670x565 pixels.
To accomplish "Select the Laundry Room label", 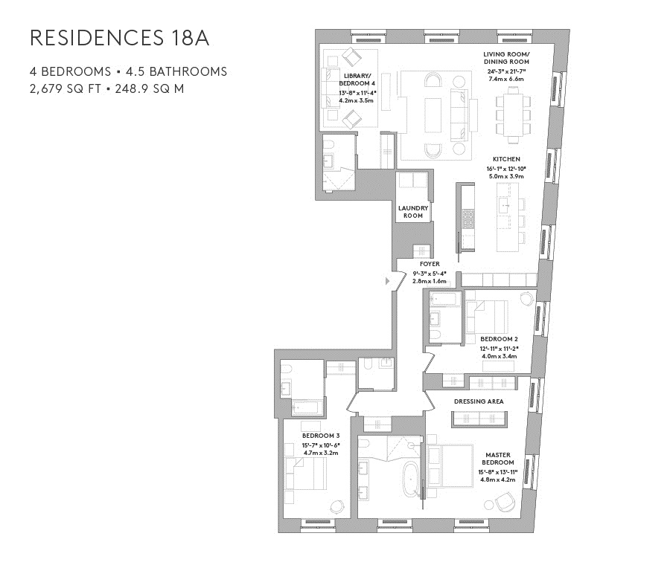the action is [412, 212].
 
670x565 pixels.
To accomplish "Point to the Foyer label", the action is [430, 264].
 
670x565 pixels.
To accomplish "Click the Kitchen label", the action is [506, 159].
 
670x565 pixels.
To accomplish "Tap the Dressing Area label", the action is [479, 401].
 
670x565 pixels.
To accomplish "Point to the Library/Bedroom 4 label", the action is [357, 80].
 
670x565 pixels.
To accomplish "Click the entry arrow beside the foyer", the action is [387, 281].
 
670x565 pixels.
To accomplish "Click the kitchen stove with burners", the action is [468, 219].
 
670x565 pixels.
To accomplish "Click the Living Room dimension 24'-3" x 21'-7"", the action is [506, 71].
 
